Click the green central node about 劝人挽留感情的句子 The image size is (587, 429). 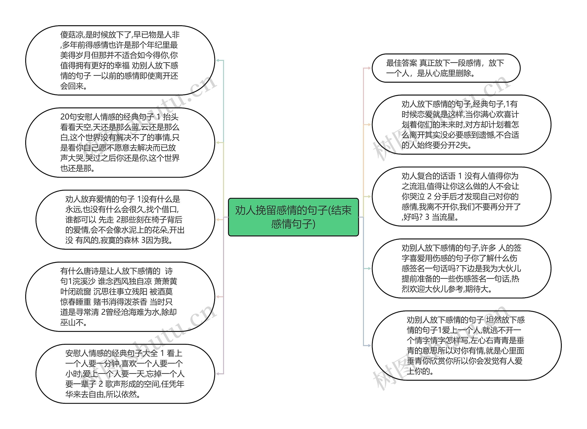[293, 217]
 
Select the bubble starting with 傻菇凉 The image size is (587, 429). [120, 60]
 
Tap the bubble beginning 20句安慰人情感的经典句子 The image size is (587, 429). [120, 143]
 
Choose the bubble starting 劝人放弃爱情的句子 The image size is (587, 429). [125, 220]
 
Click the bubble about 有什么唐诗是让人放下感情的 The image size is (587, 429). [120, 297]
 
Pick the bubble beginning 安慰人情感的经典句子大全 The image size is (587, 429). [125, 374]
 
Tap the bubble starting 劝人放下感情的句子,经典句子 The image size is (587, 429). [461, 125]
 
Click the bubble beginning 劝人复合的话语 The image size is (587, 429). [461, 196]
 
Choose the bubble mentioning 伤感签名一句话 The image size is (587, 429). [461, 268]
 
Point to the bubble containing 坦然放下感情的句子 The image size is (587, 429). [466, 345]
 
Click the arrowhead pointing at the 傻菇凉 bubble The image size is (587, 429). [218, 60]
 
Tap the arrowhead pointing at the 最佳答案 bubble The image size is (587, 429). [369, 68]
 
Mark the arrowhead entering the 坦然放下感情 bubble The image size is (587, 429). [369, 345]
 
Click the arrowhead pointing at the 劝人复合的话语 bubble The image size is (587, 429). [369, 196]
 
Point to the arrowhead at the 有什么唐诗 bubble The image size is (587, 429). [218, 297]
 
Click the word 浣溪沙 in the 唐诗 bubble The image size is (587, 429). [83, 281]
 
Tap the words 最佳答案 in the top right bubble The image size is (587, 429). [401, 63]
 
